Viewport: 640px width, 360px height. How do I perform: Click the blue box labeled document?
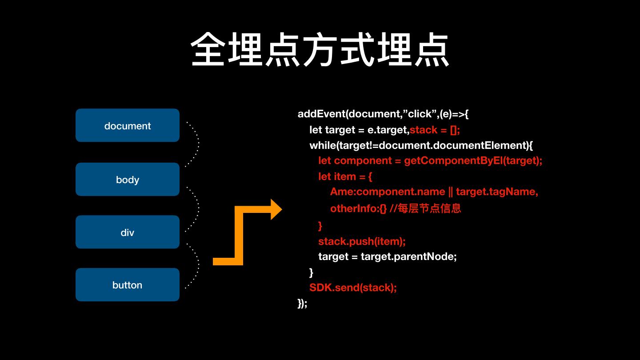point(128,125)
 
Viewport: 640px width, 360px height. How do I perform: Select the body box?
point(128,179)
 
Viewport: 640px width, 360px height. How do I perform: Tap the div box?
point(128,232)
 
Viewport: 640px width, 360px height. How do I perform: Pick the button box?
point(128,284)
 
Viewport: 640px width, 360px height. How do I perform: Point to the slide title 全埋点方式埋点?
point(320,50)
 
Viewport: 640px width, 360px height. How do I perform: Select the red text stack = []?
point(435,130)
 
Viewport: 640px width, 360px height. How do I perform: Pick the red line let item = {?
point(345,176)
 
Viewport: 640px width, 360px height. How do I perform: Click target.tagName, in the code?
point(497,192)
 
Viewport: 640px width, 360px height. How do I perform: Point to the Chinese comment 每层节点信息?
point(433,208)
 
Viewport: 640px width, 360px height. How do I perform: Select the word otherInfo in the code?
point(353,208)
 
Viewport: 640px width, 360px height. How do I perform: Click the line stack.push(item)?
point(362,241)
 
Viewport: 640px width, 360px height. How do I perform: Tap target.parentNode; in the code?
point(408,256)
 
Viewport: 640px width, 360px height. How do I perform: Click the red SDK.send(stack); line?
point(353,287)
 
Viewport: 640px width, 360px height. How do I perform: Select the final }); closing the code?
point(302,303)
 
